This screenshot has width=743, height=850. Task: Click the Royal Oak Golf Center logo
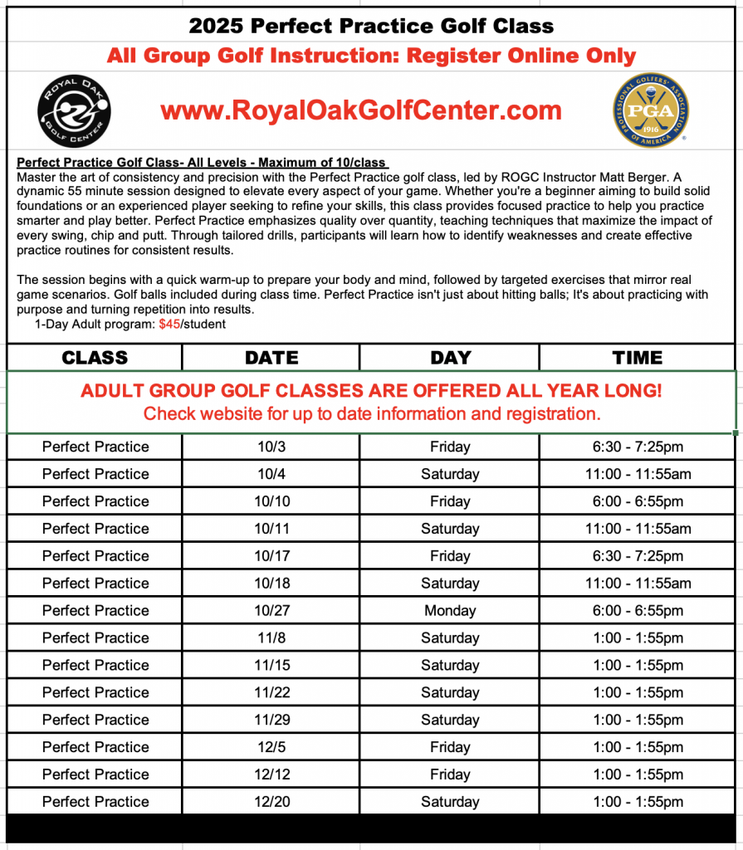pos(76,110)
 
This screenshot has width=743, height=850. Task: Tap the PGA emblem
pos(650,110)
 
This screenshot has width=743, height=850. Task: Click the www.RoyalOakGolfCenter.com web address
pos(361,110)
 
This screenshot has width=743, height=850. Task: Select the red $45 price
pos(169,325)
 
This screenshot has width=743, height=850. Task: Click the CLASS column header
pos(95,358)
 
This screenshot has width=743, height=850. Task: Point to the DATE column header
pos(271,358)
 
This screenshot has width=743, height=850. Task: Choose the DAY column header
pos(451,358)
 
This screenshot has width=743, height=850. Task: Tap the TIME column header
pos(638,358)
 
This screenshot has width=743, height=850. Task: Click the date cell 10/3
pos(271,447)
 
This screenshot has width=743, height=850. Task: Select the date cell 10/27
pos(271,611)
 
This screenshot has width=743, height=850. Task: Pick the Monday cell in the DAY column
pos(450,611)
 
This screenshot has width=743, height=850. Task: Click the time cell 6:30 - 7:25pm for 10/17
pos(638,556)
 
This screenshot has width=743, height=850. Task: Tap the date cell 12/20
pos(271,802)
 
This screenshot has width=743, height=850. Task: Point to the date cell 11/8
pos(271,638)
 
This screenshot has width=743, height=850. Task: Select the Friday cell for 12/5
pos(450,747)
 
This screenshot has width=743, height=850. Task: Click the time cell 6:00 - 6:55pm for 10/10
pos(638,501)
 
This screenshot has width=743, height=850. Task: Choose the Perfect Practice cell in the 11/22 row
pos(95,692)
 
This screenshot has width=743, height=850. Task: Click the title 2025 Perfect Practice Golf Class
pos(371,26)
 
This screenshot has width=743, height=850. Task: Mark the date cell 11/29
pos(271,720)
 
